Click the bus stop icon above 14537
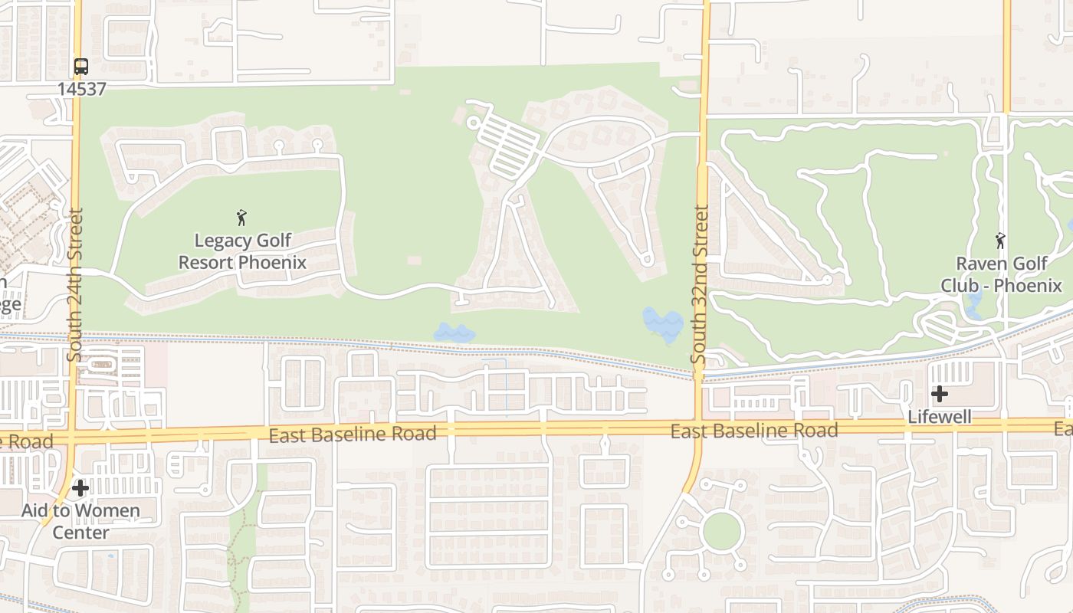click(81, 67)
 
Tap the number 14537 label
click(81, 89)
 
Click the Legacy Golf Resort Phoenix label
click(242, 251)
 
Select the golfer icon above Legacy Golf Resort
click(242, 218)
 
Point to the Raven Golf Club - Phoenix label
click(1001, 274)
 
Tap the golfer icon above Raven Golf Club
click(1000, 241)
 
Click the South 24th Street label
click(74, 284)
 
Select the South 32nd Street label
click(700, 284)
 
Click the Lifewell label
click(940, 417)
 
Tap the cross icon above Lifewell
click(940, 394)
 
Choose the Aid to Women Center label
click(80, 521)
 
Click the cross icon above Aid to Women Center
click(80, 488)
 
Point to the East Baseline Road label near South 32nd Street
click(754, 431)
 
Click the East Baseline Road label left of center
click(353, 434)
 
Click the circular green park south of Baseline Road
click(722, 531)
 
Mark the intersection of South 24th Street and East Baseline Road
click(72, 438)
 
